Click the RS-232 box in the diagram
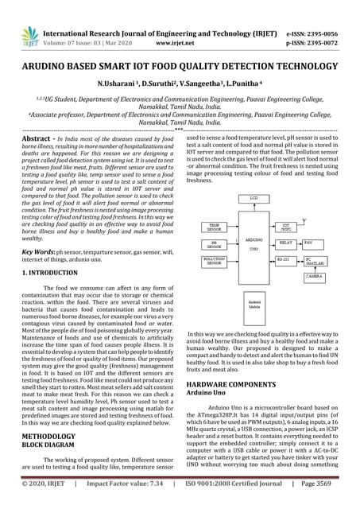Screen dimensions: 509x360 pos(285,259)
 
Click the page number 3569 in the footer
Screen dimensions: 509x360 pos(341,503)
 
